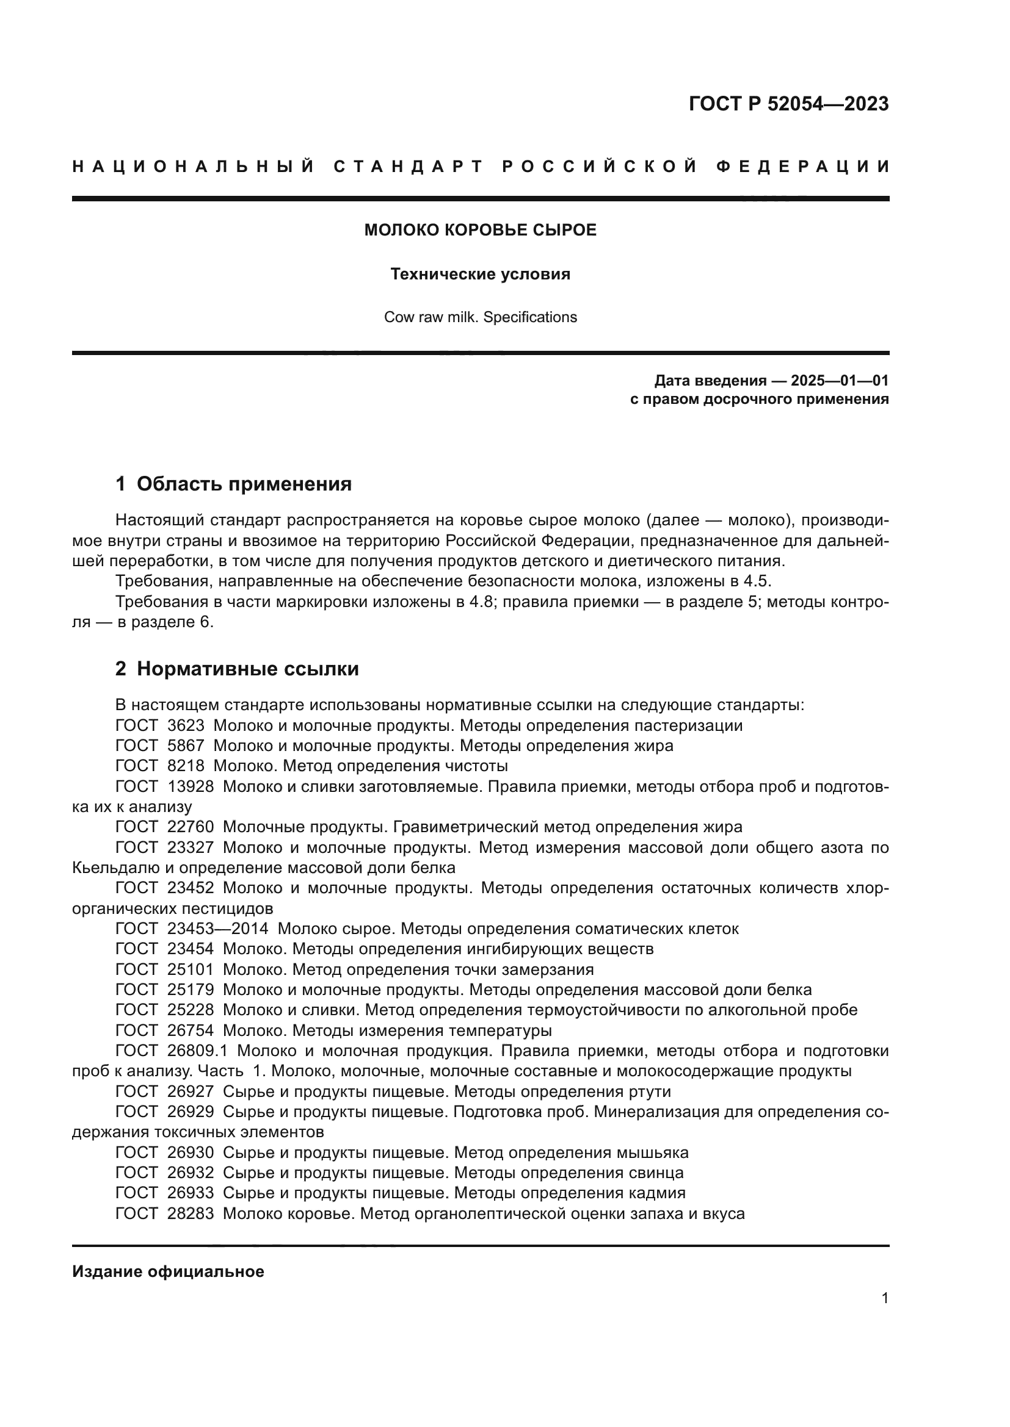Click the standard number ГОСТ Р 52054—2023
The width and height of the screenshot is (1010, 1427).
(788, 104)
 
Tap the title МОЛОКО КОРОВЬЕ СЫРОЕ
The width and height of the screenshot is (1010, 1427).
(480, 230)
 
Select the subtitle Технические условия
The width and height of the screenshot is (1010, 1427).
(480, 274)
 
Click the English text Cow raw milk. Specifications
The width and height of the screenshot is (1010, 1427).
(480, 317)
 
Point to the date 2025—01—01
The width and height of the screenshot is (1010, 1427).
(840, 380)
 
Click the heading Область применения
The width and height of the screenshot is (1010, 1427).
(244, 484)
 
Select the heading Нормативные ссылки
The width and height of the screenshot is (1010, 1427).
(247, 669)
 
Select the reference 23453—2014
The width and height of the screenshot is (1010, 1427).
(217, 929)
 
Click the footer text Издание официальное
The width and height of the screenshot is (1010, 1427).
(168, 1271)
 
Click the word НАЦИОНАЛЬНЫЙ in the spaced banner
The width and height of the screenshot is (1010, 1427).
(194, 167)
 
